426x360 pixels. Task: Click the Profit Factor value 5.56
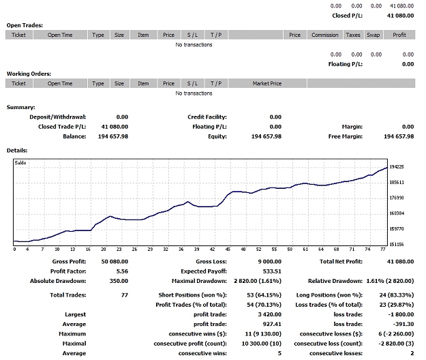pyautogui.click(x=122, y=271)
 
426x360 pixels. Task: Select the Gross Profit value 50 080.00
pyautogui.click(x=115, y=261)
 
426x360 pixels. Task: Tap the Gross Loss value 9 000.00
pyautogui.click(x=269, y=261)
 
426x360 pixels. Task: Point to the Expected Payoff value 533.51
pyautogui.click(x=272, y=271)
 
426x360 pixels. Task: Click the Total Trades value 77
pyautogui.click(x=125, y=295)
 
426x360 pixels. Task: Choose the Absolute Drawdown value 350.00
pyautogui.click(x=119, y=281)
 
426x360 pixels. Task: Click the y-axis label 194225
pyautogui.click(x=397, y=167)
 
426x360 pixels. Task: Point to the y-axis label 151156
pyautogui.click(x=397, y=245)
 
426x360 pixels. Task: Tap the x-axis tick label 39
pyautogui.click(x=196, y=249)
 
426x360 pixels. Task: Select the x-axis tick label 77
pyautogui.click(x=383, y=249)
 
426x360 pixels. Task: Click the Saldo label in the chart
pyautogui.click(x=20, y=163)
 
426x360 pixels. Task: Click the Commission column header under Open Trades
pyautogui.click(x=325, y=35)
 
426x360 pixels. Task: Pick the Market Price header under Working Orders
pyautogui.click(x=267, y=83)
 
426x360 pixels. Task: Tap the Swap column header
pyautogui.click(x=374, y=35)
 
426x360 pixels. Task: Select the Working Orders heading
pyautogui.click(x=29, y=74)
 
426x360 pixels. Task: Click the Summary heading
pyautogui.click(x=21, y=107)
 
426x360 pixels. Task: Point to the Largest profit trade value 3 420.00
pyautogui.click(x=269, y=314)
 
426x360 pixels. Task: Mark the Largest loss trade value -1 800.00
pyautogui.click(x=401, y=314)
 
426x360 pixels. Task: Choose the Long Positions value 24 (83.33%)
pyautogui.click(x=397, y=295)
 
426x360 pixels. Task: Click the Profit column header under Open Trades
pyautogui.click(x=399, y=35)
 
